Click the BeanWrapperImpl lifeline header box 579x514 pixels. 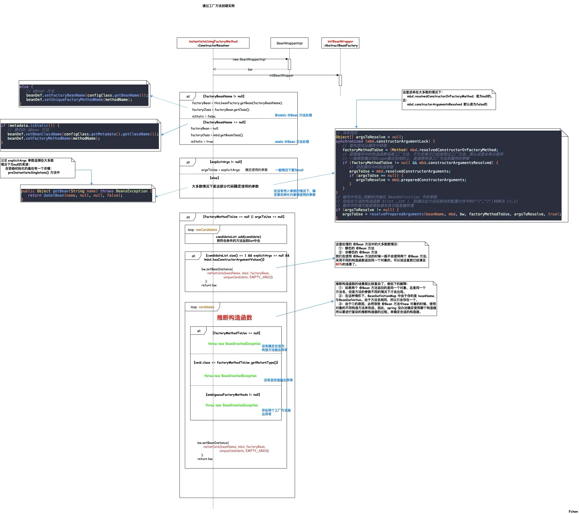click(x=289, y=43)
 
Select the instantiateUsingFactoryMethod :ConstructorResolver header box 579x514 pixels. click(x=213, y=43)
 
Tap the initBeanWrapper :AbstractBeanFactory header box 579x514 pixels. click(x=340, y=43)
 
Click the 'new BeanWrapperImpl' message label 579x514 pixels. click(x=249, y=59)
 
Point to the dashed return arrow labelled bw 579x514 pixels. click(x=250, y=69)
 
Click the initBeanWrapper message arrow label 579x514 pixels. click(x=281, y=75)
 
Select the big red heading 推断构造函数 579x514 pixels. click(x=234, y=317)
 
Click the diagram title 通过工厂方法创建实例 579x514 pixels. click(x=218, y=6)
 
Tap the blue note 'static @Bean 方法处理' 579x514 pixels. click(x=292, y=142)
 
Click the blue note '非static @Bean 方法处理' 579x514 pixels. click(x=293, y=115)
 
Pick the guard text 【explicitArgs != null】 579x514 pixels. click(x=226, y=162)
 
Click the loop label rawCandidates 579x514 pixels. click(x=206, y=230)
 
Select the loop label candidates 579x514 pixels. click(x=206, y=307)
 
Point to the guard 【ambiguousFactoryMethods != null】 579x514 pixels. click(x=233, y=395)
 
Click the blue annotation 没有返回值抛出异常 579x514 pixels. click(x=278, y=380)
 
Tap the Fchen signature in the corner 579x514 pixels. click(x=573, y=511)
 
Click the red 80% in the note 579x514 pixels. click(x=338, y=264)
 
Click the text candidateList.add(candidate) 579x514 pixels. click(x=238, y=237)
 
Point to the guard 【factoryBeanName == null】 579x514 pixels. click(x=224, y=122)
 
